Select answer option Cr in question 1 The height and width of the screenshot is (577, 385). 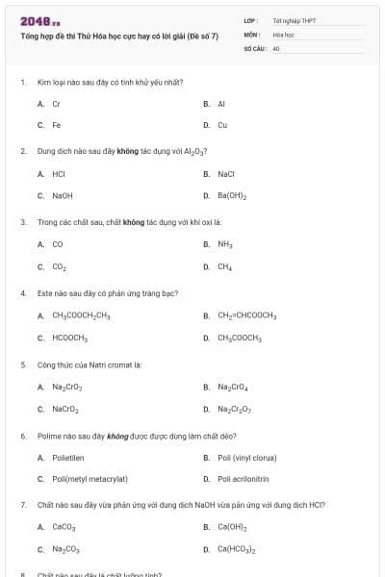pos(57,103)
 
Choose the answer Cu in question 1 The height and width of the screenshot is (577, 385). pos(222,125)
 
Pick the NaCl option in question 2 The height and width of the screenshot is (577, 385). pos(226,174)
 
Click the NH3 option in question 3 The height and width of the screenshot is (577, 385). pos(225,244)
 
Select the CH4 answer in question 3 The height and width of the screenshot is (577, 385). pos(224,267)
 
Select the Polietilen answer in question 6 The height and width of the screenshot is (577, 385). pos(68,458)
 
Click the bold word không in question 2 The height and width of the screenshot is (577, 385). pos(120,151)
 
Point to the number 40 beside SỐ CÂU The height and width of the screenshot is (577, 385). pos(276,47)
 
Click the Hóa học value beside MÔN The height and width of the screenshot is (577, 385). pos(283,34)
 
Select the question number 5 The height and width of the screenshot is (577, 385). pos(22,365)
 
